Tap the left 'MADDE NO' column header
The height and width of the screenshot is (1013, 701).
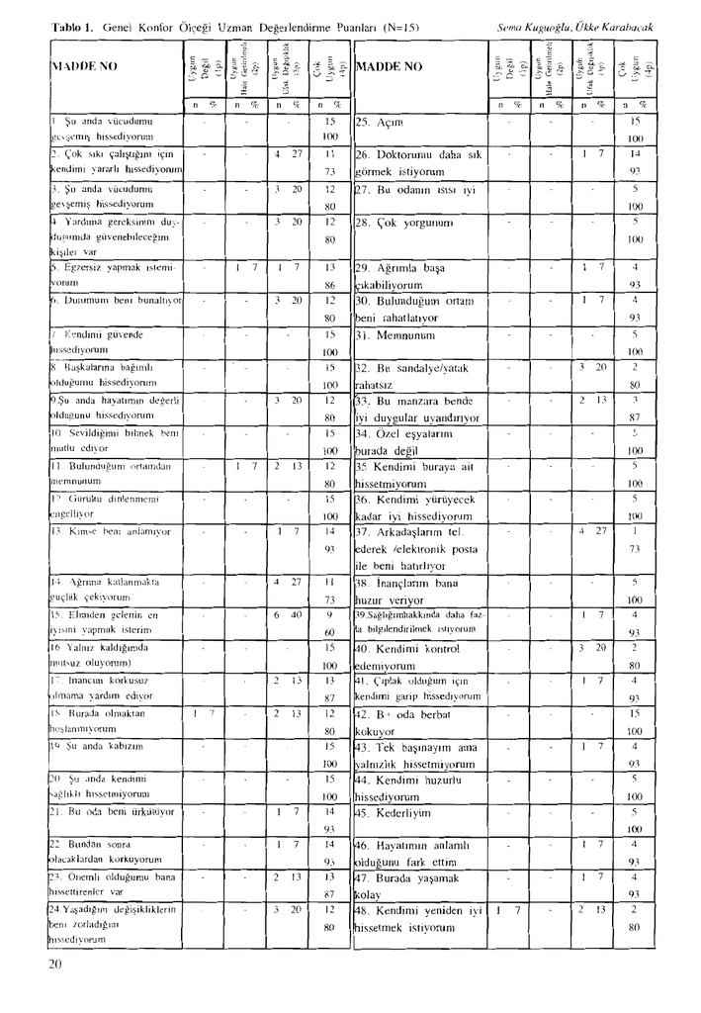click(84, 67)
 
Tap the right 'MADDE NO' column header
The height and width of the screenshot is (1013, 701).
click(389, 67)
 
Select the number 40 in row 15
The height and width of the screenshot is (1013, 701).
click(296, 614)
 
